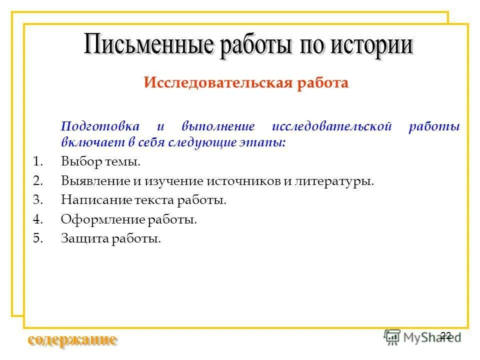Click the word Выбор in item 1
coord(78,161)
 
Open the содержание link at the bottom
coord(73,340)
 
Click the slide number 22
coord(446,335)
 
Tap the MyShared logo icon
coord(392,336)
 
